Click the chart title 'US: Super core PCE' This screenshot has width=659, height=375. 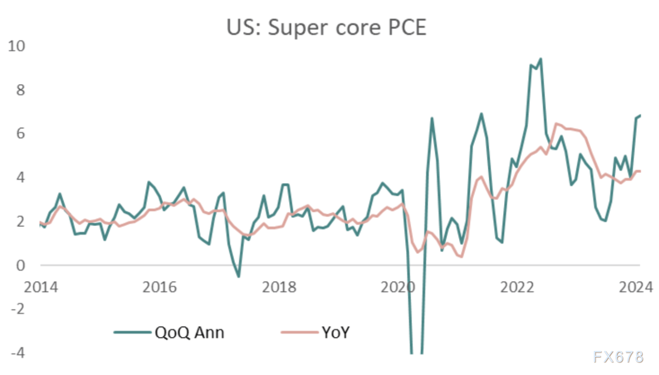[x=327, y=28]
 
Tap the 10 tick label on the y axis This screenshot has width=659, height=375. [x=16, y=46]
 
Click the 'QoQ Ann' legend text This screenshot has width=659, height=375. [x=190, y=332]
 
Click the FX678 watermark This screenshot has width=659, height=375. [x=618, y=357]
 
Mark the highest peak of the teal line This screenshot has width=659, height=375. [x=541, y=59]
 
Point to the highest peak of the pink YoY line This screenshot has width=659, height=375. [x=555, y=124]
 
